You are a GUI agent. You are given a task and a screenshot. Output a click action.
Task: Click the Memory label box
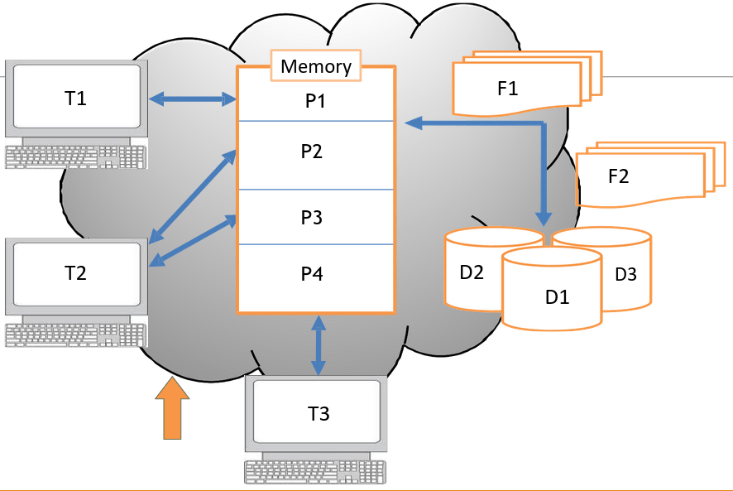(x=316, y=66)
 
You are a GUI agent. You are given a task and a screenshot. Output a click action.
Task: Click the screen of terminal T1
(x=75, y=99)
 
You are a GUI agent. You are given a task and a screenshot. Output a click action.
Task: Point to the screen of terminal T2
(x=75, y=273)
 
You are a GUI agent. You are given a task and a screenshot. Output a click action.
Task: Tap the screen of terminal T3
(x=318, y=413)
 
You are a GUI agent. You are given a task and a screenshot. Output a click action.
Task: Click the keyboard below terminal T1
(x=75, y=156)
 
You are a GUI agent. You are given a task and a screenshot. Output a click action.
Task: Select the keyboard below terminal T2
(x=75, y=335)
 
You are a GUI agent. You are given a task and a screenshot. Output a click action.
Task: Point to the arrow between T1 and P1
(x=192, y=100)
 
